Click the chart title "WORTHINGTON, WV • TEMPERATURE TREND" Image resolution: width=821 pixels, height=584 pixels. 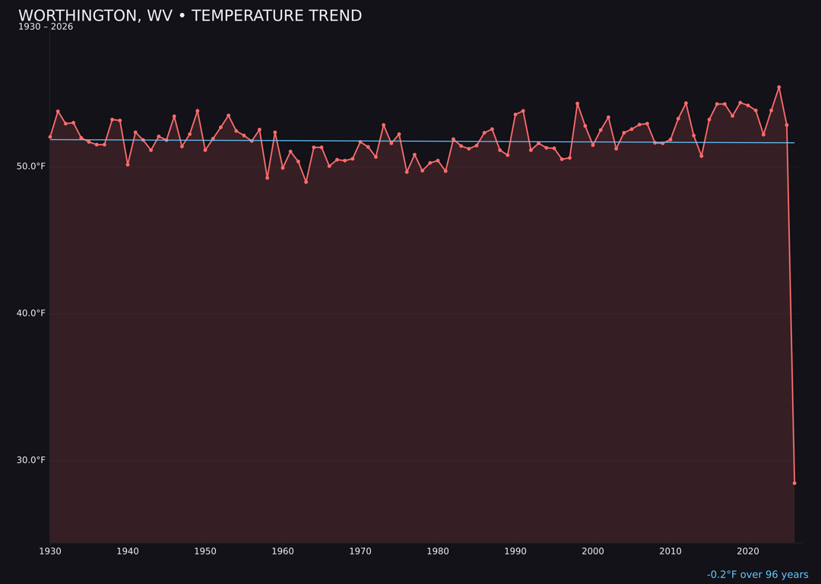(190, 16)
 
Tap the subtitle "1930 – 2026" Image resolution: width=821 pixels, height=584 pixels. (46, 27)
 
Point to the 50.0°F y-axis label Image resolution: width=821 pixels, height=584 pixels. (31, 167)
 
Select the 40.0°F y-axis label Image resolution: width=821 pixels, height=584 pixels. (31, 313)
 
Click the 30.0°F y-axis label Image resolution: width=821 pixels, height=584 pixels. (31, 460)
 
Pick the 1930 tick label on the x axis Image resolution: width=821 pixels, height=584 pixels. (50, 551)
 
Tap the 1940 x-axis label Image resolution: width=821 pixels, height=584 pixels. (128, 551)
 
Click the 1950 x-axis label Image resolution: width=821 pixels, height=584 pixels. (205, 551)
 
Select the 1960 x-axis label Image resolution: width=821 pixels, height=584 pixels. (283, 551)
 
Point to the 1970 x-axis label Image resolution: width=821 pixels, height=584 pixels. (360, 551)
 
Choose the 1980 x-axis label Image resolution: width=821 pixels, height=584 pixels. (438, 551)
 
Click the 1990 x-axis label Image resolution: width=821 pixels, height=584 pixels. (515, 551)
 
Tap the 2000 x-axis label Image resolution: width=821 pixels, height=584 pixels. (593, 551)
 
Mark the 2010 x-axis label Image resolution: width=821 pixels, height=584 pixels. (670, 551)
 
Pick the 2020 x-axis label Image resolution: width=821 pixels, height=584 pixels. (748, 551)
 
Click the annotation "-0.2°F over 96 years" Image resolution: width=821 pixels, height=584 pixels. (757, 575)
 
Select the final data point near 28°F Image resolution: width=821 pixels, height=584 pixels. (794, 483)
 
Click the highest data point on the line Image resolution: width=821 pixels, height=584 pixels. (778, 87)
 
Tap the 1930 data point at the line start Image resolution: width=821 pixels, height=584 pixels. (50, 137)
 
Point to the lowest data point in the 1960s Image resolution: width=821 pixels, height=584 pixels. (306, 182)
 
